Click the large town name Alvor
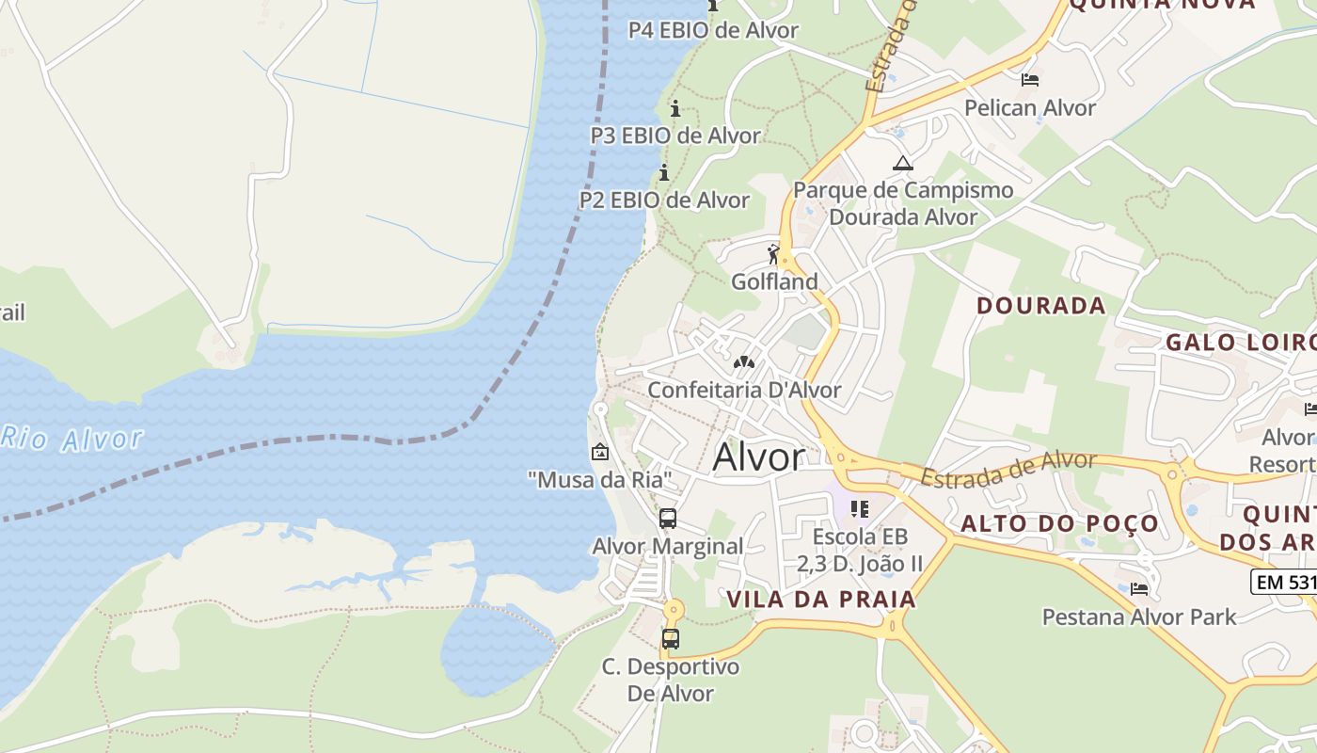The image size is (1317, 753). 759,457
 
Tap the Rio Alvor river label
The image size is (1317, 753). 72,439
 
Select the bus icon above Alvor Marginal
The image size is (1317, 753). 668,519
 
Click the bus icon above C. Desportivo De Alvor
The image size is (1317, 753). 671,639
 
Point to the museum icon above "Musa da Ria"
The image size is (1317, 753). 599,452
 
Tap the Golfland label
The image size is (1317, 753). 774,281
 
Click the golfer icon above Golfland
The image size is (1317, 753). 774,254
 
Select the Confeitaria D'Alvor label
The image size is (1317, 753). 744,390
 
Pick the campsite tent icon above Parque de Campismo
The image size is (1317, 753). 903,163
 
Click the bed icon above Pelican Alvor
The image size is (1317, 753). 1030,80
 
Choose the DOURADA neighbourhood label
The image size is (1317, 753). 1040,306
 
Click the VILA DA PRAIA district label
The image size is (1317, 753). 820,600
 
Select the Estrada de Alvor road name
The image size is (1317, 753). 1008,468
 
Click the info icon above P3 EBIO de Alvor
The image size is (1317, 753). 674,107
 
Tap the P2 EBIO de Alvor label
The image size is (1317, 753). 664,200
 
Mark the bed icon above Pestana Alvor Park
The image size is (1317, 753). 1139,589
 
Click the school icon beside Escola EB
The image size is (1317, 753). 859,509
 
